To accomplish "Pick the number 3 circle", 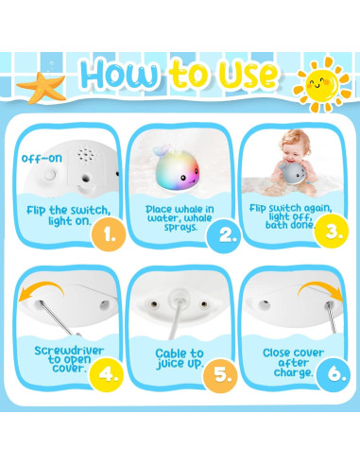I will click(x=333, y=230).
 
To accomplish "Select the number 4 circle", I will click(x=110, y=372).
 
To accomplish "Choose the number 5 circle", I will click(x=225, y=372).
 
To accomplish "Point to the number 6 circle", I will click(x=334, y=372).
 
